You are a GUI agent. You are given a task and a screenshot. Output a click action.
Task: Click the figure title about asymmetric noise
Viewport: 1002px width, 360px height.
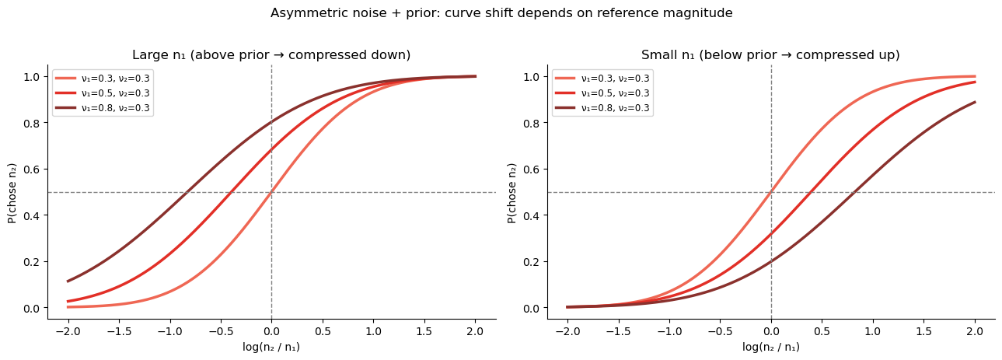(x=501, y=13)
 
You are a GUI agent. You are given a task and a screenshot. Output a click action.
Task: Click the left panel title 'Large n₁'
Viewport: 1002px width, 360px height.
(x=271, y=55)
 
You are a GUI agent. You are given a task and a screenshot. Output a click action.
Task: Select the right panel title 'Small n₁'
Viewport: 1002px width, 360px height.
(x=770, y=55)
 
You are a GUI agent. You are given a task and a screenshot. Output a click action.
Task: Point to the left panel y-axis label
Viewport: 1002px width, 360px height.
(x=12, y=192)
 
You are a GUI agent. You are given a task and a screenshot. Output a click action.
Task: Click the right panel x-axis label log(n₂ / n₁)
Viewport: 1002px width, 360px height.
(x=770, y=347)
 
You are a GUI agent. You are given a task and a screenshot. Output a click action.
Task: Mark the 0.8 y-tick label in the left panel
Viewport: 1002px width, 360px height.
(x=31, y=123)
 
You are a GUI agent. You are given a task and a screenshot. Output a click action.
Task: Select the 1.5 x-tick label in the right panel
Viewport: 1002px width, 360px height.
(x=923, y=330)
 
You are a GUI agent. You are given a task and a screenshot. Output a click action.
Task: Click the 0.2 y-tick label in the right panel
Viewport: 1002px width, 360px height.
(x=531, y=262)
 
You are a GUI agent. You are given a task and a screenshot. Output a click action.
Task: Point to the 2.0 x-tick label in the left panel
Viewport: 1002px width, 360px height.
(x=476, y=330)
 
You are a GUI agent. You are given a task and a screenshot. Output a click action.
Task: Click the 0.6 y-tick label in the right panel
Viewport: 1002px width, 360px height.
(x=531, y=170)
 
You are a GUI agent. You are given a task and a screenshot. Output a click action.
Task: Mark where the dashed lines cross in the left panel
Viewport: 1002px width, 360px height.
(x=271, y=192)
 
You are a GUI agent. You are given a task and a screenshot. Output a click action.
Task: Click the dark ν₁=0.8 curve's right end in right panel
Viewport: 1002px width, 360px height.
(x=975, y=102)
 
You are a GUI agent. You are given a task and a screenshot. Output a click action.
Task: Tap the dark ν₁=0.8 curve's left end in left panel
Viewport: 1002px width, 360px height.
(x=68, y=281)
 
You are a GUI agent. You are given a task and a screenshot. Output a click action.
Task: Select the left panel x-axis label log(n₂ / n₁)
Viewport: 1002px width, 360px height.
(x=271, y=347)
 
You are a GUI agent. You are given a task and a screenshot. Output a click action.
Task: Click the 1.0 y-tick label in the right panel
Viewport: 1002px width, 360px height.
(x=531, y=77)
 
